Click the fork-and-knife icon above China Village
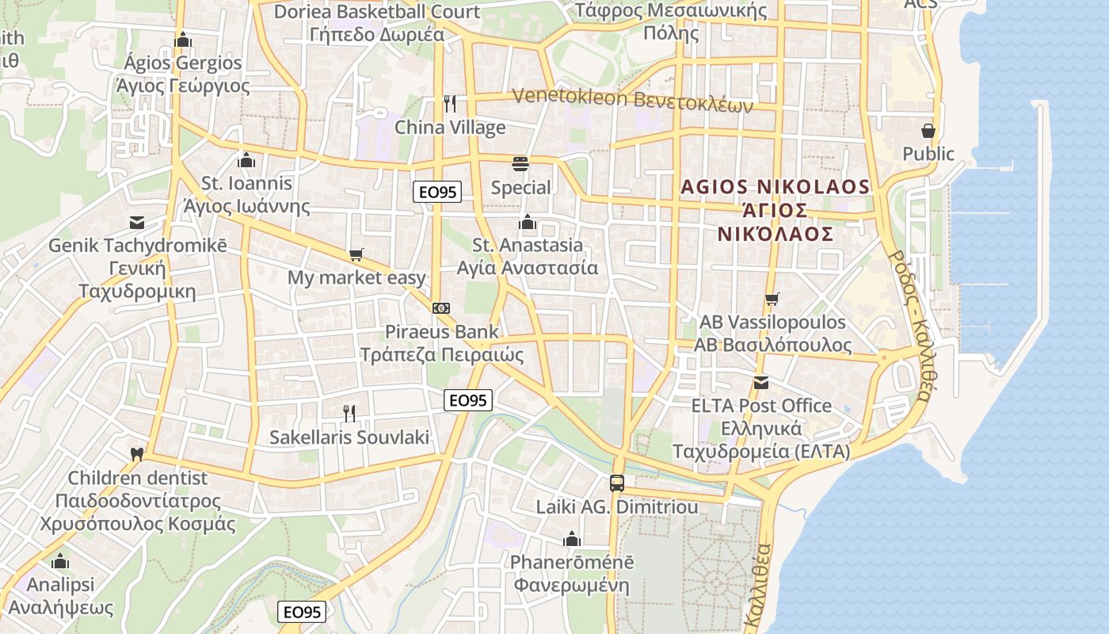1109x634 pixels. tap(449, 103)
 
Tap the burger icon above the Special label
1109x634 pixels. tap(520, 164)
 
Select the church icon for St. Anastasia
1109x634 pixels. tap(527, 221)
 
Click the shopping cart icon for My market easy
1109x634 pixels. tap(356, 254)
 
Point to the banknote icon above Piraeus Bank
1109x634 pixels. tap(441, 307)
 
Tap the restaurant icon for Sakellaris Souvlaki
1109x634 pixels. tap(349, 413)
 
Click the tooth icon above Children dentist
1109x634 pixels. tap(137, 454)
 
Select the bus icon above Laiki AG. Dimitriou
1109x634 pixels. tap(616, 483)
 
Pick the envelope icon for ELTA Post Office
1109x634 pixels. tap(761, 382)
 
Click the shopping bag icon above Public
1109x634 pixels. tap(928, 130)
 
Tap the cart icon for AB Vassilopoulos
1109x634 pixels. tap(772, 299)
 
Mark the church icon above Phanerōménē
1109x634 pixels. tap(571, 539)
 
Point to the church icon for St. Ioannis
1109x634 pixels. tap(246, 159)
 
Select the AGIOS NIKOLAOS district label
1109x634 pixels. tap(776, 187)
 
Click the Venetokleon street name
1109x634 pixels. tap(632, 99)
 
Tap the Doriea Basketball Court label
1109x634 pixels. tap(377, 12)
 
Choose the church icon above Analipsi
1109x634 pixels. tap(60, 561)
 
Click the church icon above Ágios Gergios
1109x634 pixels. tap(183, 39)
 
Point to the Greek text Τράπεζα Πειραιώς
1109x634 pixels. tap(443, 354)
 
